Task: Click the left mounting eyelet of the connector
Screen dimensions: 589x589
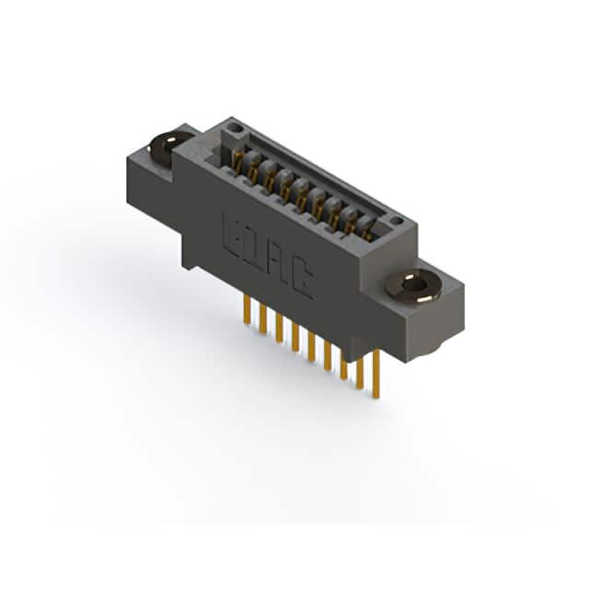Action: pos(169,145)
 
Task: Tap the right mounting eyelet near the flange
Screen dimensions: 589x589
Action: pos(412,285)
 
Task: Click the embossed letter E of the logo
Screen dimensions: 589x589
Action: pos(232,235)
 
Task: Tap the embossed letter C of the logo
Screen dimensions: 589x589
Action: pos(303,280)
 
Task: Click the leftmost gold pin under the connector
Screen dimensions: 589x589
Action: pos(247,309)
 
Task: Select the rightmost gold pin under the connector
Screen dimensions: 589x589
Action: pos(375,374)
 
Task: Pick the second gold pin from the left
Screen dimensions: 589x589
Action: pos(263,319)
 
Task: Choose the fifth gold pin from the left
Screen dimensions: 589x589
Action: pos(311,347)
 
